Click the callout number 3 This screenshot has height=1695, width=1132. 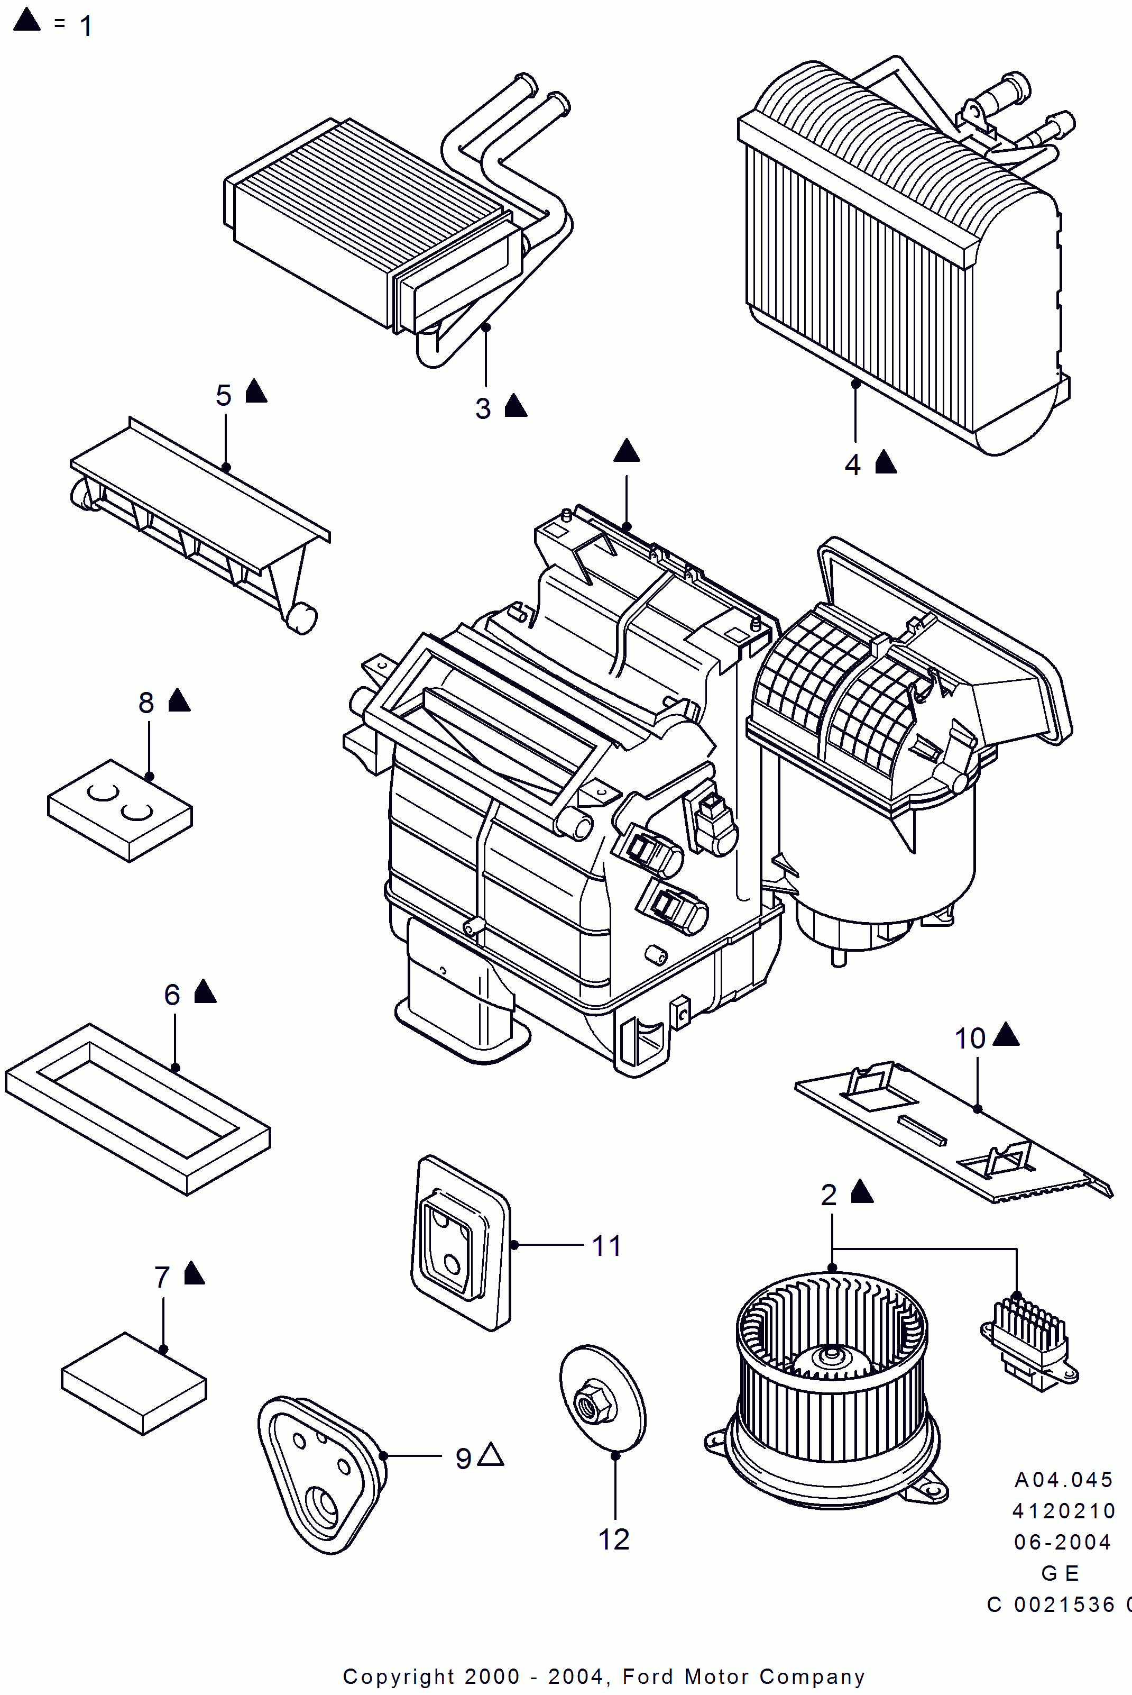tap(483, 409)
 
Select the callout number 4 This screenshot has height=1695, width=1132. tap(853, 465)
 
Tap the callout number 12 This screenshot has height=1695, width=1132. tap(614, 1539)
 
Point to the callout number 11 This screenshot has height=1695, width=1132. tap(606, 1246)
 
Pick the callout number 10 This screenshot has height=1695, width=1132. tap(970, 1038)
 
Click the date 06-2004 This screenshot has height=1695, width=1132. tap(1062, 1542)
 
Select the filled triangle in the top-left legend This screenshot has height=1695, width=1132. tap(27, 20)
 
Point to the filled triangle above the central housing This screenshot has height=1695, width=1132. tap(627, 451)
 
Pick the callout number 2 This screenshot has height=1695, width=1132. tap(829, 1195)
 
